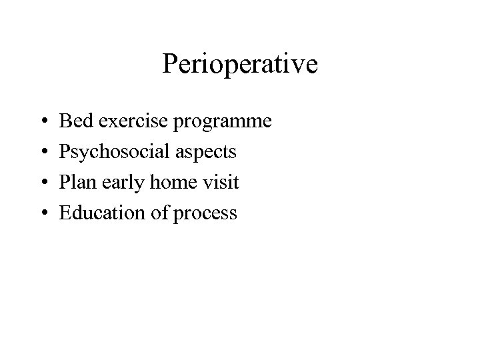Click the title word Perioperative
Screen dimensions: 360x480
[x=240, y=65]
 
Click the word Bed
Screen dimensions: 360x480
[x=74, y=121]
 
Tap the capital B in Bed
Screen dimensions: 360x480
[x=65, y=121]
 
